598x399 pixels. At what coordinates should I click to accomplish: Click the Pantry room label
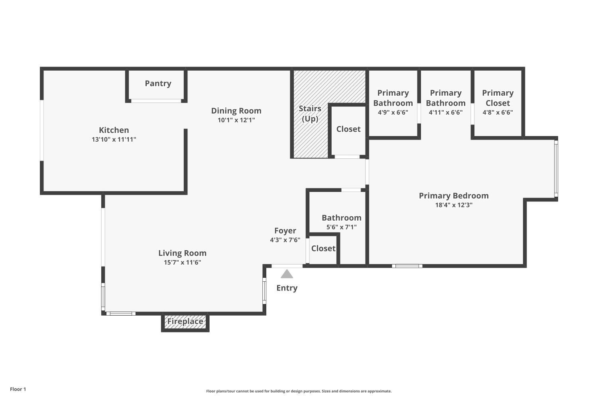click(x=158, y=83)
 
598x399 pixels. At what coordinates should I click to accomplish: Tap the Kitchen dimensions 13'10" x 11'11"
click(x=114, y=140)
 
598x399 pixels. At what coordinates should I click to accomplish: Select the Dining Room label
click(x=236, y=111)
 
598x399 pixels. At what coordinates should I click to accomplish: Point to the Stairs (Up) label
click(x=310, y=114)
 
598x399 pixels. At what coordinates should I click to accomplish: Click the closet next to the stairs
click(x=348, y=129)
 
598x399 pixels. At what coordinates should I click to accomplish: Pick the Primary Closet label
click(x=498, y=98)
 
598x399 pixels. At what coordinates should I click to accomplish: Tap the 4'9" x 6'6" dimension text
click(x=393, y=113)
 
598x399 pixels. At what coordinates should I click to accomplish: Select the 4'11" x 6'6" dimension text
click(x=445, y=113)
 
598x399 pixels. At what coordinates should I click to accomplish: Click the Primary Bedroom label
click(x=454, y=196)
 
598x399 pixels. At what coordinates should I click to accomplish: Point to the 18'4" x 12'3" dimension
click(x=454, y=205)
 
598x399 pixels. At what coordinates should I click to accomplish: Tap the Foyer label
click(x=285, y=231)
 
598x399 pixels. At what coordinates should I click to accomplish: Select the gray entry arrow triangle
click(x=287, y=275)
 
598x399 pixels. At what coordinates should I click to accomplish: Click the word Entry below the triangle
click(x=287, y=288)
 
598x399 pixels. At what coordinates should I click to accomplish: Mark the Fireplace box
click(x=185, y=322)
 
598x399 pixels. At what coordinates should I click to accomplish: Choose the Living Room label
click(x=182, y=253)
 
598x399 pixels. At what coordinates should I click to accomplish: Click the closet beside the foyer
click(x=323, y=249)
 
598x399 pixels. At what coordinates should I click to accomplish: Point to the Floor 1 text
click(x=18, y=389)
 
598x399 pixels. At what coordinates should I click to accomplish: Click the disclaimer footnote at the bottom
click(x=299, y=391)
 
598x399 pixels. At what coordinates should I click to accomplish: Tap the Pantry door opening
click(x=156, y=101)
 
